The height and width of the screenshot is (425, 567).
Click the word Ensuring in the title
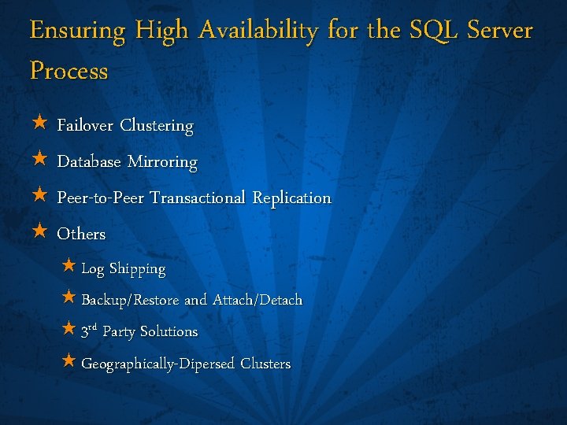77,31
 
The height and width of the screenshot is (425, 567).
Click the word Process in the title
69,71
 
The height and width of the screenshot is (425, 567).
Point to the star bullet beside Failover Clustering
39,124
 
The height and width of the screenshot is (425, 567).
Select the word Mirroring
162,163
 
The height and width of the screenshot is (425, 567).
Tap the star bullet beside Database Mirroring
39,161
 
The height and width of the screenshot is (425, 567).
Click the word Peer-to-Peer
100,198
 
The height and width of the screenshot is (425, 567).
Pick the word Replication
291,198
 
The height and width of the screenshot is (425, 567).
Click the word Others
81,235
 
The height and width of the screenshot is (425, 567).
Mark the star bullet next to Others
39,233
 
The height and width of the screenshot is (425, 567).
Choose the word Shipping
137,269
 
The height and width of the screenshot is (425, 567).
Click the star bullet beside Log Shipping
69,268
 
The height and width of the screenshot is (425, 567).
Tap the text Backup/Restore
130,301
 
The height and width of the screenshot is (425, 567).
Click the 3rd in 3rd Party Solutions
88,331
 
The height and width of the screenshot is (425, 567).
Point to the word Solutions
169,332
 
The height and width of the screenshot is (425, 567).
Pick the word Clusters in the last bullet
265,364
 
